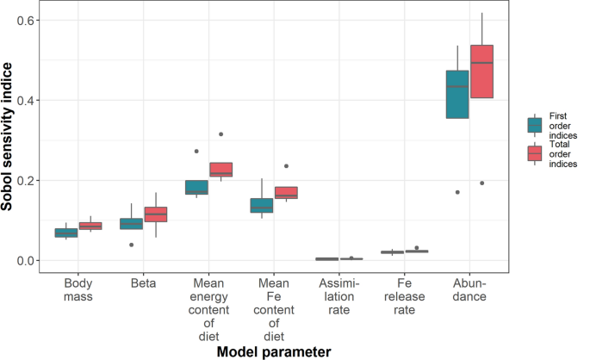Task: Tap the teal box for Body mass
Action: click(66, 233)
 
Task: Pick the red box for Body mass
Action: click(90, 227)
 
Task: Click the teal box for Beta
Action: click(131, 224)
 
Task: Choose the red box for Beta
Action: click(156, 214)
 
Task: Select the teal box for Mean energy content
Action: click(196, 187)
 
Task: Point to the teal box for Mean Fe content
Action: click(262, 205)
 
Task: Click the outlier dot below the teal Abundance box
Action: click(457, 192)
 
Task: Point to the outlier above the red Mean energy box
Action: click(221, 134)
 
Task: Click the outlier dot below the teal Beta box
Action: click(131, 245)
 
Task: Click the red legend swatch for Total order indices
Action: click(535, 152)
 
